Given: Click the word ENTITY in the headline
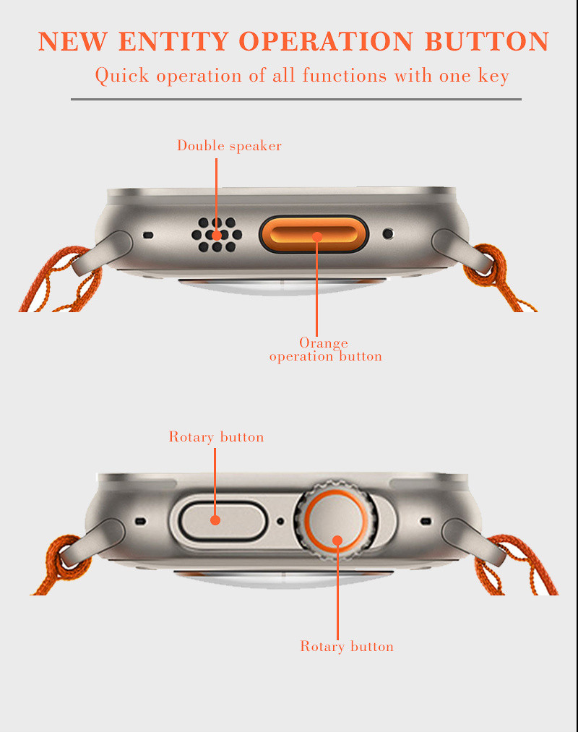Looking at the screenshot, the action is click(173, 41).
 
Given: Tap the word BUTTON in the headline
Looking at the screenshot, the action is click(487, 41).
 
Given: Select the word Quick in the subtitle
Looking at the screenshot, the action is click(122, 75).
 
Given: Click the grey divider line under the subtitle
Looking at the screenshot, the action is click(296, 99).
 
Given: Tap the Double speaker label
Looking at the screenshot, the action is click(229, 146).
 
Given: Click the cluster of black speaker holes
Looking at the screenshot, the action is click(217, 234).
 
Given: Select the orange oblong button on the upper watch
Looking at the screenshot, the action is click(314, 234).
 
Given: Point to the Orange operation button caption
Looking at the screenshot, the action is click(325, 349).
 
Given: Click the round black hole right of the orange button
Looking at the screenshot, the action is click(388, 233).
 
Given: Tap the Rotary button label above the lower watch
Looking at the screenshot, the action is click(216, 436).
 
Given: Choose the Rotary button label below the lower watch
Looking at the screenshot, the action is click(347, 646).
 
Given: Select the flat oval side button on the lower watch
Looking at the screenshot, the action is click(223, 521).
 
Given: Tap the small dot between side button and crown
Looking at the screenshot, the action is click(280, 521).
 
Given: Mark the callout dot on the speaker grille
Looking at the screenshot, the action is click(217, 235).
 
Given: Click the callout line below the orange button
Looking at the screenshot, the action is click(316, 286).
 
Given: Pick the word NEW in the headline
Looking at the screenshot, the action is click(72, 41).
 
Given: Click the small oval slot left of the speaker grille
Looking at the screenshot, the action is click(148, 235).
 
